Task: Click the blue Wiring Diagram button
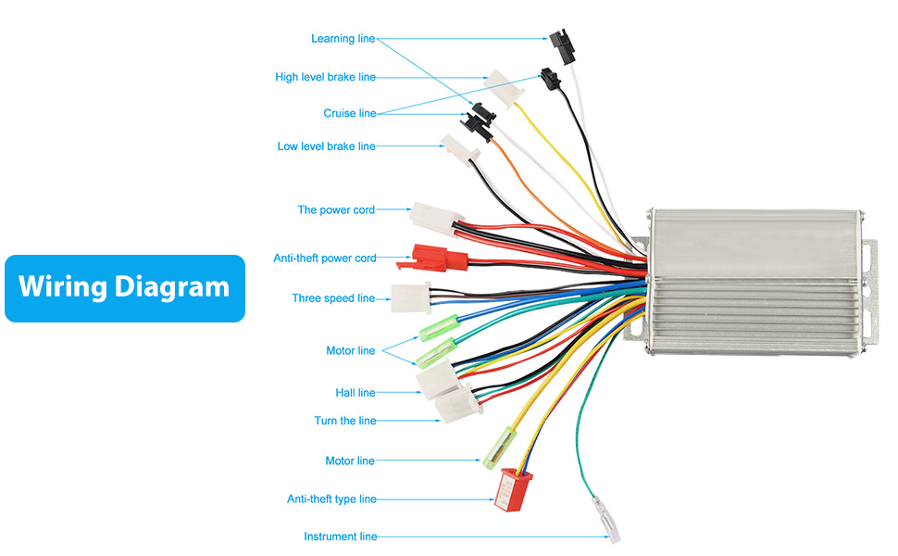click(x=125, y=288)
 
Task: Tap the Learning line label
click(x=343, y=39)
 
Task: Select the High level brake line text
click(x=325, y=77)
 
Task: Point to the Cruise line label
click(x=349, y=113)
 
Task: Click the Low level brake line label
click(x=326, y=146)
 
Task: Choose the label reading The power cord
click(x=336, y=210)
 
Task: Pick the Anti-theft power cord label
click(x=324, y=258)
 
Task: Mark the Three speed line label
click(x=333, y=298)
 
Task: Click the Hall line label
click(x=355, y=393)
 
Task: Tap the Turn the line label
click(x=344, y=421)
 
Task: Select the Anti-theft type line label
click(x=331, y=499)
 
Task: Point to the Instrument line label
click(x=340, y=537)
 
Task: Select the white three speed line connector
click(x=411, y=298)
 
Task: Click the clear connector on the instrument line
click(x=609, y=521)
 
